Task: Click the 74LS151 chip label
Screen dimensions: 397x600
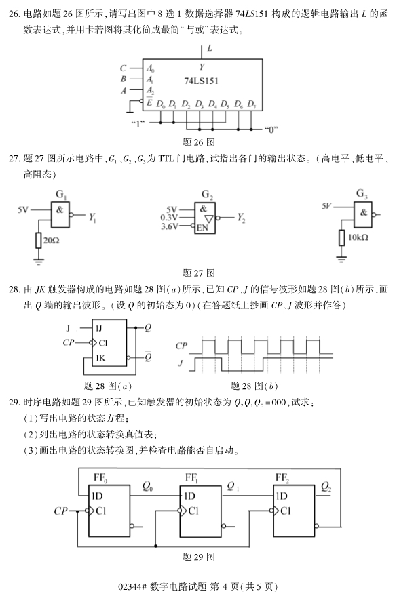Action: (x=201, y=81)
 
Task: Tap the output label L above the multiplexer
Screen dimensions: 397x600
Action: (x=210, y=48)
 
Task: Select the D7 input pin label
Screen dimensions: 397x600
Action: (x=251, y=104)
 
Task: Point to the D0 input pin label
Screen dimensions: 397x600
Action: (x=161, y=104)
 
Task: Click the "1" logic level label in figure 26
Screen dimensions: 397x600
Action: (x=138, y=123)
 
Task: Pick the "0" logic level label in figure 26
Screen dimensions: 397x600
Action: (x=271, y=129)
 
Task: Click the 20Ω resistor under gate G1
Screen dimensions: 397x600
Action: (x=38, y=241)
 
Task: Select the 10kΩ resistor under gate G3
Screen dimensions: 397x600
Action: (x=342, y=238)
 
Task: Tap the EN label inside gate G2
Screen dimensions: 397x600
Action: (x=202, y=228)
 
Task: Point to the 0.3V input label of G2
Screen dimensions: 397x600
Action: (x=169, y=218)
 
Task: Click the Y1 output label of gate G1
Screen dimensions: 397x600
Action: (x=92, y=218)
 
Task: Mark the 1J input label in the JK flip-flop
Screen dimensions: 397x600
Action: (x=99, y=328)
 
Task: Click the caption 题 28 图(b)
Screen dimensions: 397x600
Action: (x=254, y=386)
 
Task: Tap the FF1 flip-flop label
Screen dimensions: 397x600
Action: (x=191, y=477)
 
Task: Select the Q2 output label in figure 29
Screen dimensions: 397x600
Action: (x=326, y=486)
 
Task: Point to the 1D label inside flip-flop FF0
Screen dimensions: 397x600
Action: (x=97, y=496)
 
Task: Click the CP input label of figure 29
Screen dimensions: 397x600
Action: (x=60, y=511)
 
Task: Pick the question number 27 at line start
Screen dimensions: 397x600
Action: (x=14, y=159)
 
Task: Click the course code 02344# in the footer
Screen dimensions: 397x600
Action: (x=133, y=586)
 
